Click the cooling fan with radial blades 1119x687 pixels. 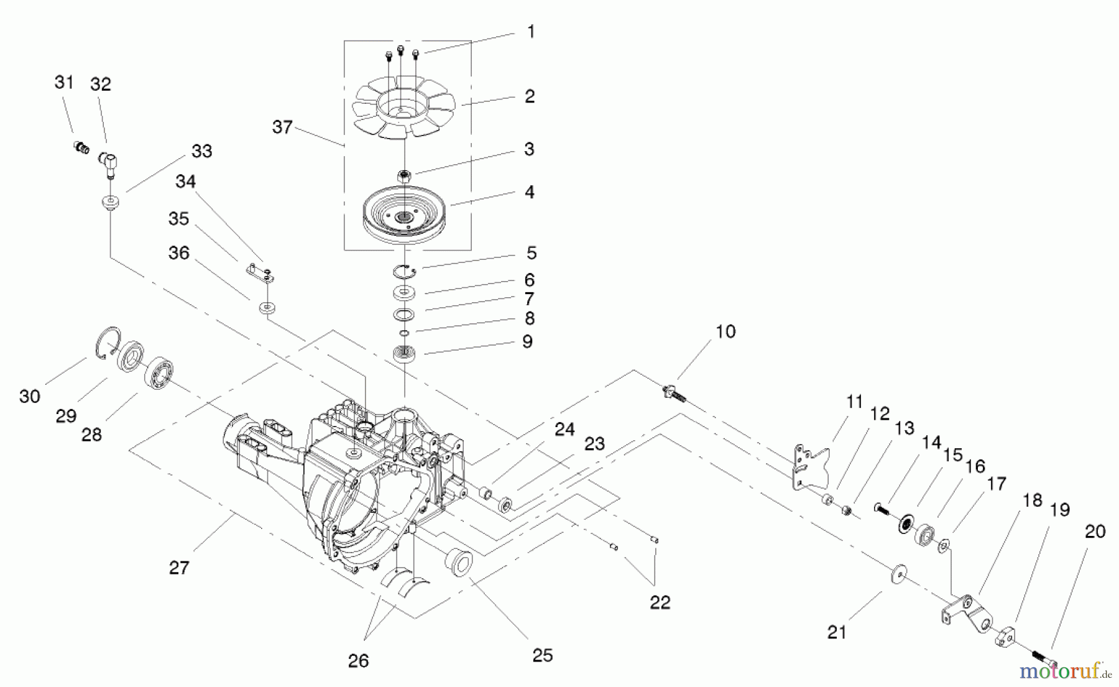tap(402, 112)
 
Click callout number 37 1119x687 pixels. tap(282, 127)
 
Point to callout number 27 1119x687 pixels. tap(179, 567)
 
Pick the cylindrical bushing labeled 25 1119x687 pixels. tap(459, 563)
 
